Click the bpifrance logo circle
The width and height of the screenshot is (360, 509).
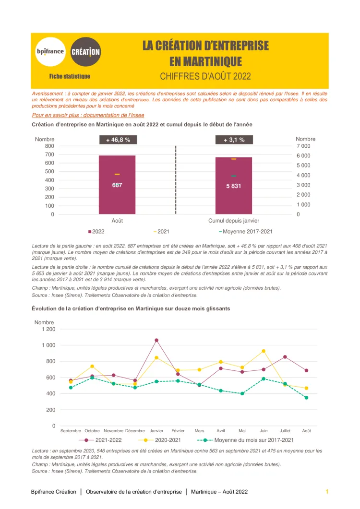(x=50, y=51)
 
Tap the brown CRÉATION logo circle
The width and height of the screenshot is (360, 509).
(x=85, y=51)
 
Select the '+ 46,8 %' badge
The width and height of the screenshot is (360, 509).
(x=118, y=140)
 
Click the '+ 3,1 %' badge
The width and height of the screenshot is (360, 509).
(x=234, y=140)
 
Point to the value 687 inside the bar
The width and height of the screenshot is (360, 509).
(x=117, y=185)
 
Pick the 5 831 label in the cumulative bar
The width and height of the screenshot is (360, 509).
(x=234, y=186)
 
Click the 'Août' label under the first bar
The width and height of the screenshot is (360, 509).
(x=117, y=221)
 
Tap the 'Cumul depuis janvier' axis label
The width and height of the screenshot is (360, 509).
(x=234, y=221)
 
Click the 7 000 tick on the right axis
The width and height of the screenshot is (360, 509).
(x=303, y=146)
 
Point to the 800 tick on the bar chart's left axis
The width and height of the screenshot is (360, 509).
(x=49, y=146)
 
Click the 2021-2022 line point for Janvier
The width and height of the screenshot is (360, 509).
(x=156, y=340)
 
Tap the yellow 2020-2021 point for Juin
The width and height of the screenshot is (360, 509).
(x=264, y=351)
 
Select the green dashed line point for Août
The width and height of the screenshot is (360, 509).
(x=306, y=398)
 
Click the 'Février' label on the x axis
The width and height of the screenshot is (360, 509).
(x=178, y=431)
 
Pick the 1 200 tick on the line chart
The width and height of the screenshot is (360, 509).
(x=48, y=329)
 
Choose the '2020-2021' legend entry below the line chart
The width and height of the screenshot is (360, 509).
(x=163, y=440)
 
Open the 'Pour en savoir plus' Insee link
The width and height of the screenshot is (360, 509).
(x=88, y=115)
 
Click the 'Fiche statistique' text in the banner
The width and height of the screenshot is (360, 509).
(x=70, y=76)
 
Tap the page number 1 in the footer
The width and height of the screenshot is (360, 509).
(x=327, y=492)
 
